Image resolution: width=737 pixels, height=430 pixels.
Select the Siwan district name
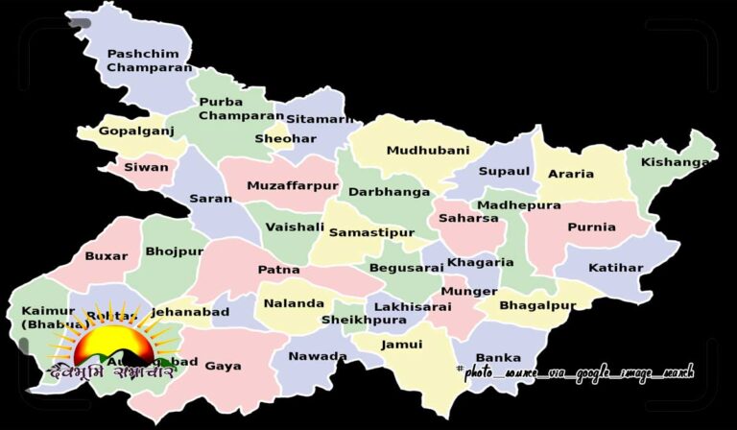point(146,167)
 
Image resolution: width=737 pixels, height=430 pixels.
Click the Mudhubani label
point(428,151)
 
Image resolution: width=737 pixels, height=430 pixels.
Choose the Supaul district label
point(504,171)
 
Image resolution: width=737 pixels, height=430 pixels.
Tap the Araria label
point(570,175)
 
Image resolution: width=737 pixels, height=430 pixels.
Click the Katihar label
point(615,267)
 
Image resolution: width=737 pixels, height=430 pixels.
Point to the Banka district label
point(498,358)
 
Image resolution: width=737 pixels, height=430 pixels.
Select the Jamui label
point(401,345)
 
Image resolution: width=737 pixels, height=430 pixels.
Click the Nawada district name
point(318,356)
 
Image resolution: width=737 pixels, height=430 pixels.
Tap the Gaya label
point(223,366)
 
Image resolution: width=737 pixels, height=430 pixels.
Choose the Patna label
point(278,270)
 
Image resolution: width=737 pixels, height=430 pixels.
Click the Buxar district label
point(106,256)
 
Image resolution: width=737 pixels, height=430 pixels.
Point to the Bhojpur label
point(175,251)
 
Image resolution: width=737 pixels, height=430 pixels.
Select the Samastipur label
point(371,232)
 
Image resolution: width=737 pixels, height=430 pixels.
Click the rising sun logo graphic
point(113,344)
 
